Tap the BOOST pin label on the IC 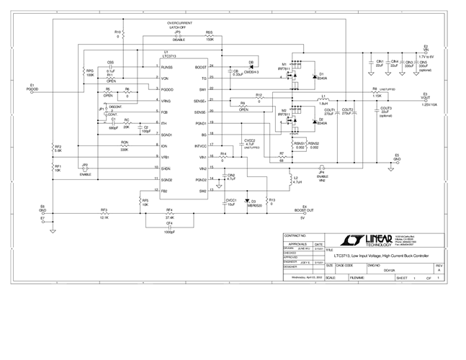pyautogui.click(x=201, y=66)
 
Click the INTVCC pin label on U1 pyautogui.click(x=200, y=145)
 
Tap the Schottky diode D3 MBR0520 pyautogui.click(x=247, y=202)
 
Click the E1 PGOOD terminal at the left pyautogui.click(x=33, y=87)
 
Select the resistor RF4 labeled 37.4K pyautogui.click(x=169, y=213)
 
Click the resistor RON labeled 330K pyautogui.click(x=125, y=145)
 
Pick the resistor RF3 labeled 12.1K pyautogui.click(x=104, y=213)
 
